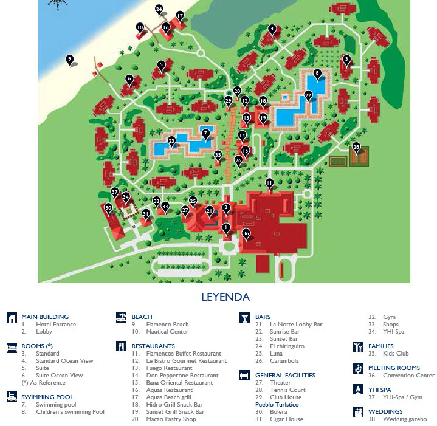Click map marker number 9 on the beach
pos(70,60)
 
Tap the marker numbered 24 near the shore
pos(159,10)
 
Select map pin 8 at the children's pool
pos(317,74)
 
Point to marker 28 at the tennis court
pos(356,147)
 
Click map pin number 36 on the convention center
pos(246,233)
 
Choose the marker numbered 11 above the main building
pos(269,182)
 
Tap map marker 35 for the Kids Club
pos(218,155)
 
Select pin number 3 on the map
pos(346,59)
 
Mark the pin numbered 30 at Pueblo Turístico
pos(108,208)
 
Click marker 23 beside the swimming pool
pos(171,140)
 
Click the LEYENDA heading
pos(225,297)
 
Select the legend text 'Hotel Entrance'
pos(56,325)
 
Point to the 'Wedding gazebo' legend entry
pos(405,419)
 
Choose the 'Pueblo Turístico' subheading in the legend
pos(277,405)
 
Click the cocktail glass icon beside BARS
pos(244,317)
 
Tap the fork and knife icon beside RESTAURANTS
pos(120,346)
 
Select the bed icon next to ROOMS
pos(12,346)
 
